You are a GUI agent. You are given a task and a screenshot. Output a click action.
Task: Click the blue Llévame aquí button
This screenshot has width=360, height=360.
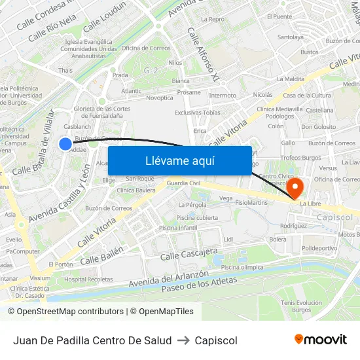pos(179,160)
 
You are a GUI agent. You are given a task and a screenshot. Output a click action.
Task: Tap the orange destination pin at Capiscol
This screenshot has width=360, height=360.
pos(295,189)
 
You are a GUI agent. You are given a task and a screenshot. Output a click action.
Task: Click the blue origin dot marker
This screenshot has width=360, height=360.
pos(65,144)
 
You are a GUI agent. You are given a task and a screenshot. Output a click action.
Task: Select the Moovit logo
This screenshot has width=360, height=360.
pos(321,340)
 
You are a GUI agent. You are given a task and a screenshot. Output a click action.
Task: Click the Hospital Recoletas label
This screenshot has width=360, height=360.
pos(88,279)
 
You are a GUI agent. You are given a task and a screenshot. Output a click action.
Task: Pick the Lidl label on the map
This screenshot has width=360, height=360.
pos(228,240)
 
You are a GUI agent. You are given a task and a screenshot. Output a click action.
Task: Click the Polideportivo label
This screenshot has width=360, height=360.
pos(319,249)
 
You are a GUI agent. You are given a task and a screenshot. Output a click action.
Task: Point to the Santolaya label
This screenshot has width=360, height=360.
pos(290,37)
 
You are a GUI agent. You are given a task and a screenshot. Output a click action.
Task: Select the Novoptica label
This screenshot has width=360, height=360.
pos(160,98)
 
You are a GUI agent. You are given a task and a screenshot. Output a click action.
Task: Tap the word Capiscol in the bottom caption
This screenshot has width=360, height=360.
pos(216,340)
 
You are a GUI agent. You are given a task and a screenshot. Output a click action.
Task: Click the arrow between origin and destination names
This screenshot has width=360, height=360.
pos(183,340)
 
